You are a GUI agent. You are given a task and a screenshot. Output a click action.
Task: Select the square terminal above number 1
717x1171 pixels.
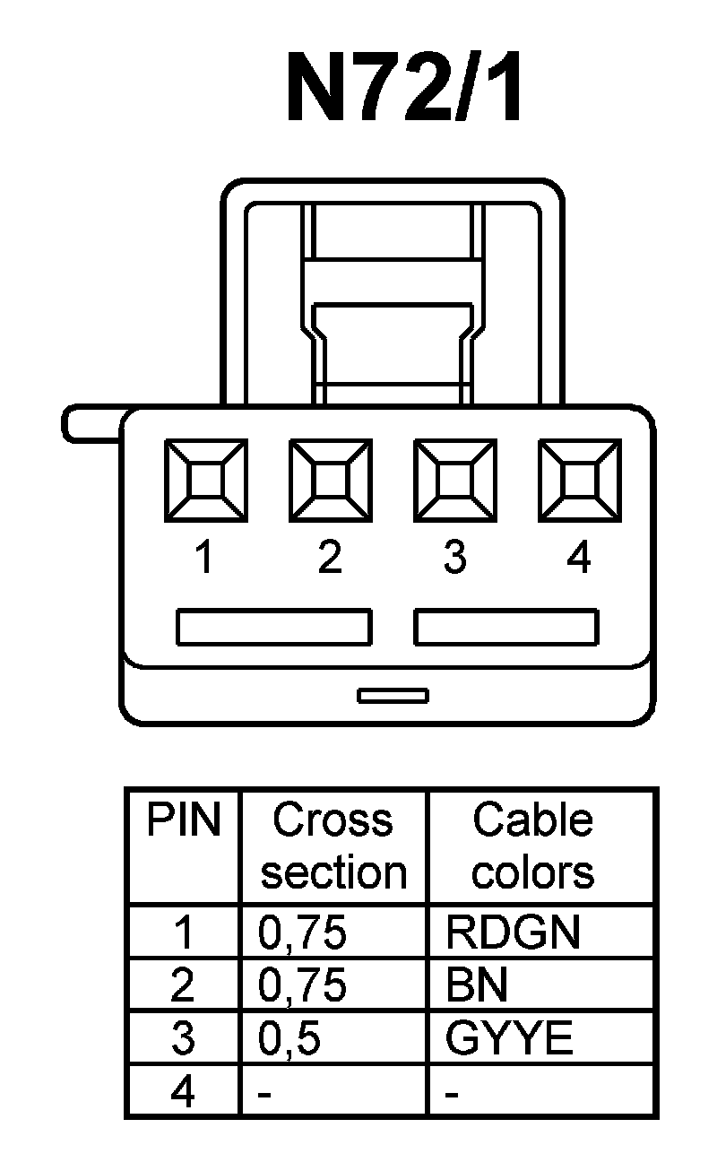click(205, 479)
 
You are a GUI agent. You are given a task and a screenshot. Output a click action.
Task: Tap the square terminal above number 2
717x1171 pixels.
click(330, 479)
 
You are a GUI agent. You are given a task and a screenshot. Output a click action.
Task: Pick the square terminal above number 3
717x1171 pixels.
click(454, 479)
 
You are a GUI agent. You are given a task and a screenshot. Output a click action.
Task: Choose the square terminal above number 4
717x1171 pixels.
click(579, 479)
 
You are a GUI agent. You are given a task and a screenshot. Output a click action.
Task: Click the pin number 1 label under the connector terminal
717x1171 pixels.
click(205, 559)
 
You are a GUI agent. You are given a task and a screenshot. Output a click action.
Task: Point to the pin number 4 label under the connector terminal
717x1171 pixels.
click(579, 559)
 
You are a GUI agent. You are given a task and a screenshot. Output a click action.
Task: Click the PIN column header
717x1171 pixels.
click(184, 820)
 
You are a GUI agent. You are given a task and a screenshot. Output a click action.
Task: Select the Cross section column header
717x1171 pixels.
click(333, 846)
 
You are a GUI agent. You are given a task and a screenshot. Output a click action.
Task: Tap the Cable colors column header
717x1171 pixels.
click(532, 846)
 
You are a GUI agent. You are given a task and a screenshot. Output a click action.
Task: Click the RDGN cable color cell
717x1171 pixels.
click(513, 932)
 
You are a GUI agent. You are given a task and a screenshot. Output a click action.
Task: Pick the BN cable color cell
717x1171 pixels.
click(476, 986)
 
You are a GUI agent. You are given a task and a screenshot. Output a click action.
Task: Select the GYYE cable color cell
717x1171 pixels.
click(508, 1039)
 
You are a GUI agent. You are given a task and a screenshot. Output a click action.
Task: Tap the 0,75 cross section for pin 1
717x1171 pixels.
click(301, 933)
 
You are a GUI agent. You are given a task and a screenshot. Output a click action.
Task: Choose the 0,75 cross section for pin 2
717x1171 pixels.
click(301, 986)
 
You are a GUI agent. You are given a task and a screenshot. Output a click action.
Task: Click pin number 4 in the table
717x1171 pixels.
click(183, 1093)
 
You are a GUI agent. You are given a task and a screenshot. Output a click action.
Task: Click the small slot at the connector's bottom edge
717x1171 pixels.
click(393, 695)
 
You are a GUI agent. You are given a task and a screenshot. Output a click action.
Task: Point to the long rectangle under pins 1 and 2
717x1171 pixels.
click(273, 627)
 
